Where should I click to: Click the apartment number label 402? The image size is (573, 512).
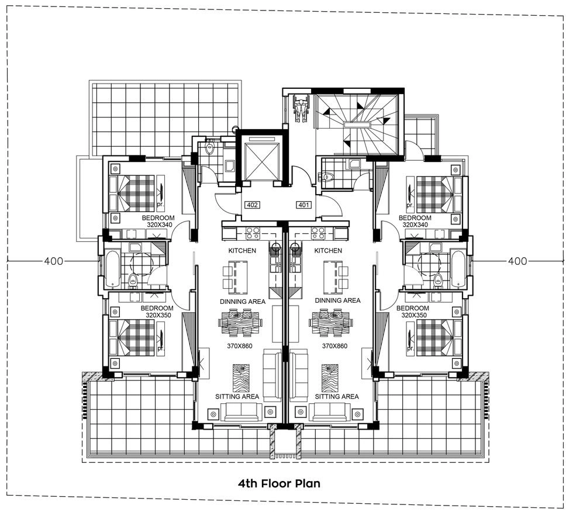pyautogui.click(x=252, y=205)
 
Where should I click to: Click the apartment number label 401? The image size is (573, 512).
pyautogui.click(x=303, y=205)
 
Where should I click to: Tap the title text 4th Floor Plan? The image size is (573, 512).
pyautogui.click(x=279, y=483)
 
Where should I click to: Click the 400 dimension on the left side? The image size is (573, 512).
pyautogui.click(x=53, y=261)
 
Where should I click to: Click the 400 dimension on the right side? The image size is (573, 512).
pyautogui.click(x=517, y=261)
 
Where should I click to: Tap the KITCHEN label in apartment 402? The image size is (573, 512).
pyautogui.click(x=242, y=251)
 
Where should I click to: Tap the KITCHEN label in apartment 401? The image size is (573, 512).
pyautogui.click(x=328, y=251)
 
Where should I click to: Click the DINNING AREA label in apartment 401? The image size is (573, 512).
pyautogui.click(x=338, y=300)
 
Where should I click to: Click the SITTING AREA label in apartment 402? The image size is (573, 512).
pyautogui.click(x=237, y=397)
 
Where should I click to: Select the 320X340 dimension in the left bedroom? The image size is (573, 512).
pyautogui.click(x=159, y=224)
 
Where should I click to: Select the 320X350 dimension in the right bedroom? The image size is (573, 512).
pyautogui.click(x=414, y=315)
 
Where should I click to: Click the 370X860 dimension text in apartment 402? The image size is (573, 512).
pyautogui.click(x=240, y=346)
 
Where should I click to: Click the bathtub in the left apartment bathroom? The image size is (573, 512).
pyautogui.click(x=112, y=268)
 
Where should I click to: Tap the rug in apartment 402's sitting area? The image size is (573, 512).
pyautogui.click(x=241, y=378)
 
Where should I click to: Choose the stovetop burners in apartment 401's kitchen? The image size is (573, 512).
pyautogui.click(x=316, y=233)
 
